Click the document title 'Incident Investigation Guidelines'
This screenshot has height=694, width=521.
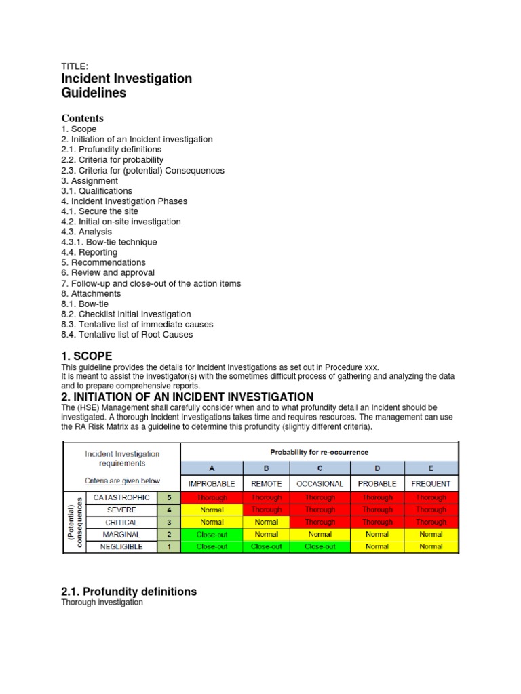pos(126,85)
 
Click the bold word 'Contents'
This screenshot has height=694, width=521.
pos(82,118)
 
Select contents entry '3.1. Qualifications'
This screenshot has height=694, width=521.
pos(96,191)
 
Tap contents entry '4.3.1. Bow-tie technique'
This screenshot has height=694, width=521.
pos(109,242)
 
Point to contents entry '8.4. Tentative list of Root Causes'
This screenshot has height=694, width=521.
pos(127,334)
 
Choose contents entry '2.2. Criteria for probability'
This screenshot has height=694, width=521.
pos(112,160)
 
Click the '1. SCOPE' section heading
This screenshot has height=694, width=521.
pos(86,356)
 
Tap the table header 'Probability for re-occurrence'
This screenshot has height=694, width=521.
pos(320,451)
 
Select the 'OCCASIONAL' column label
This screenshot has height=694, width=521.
pos(320,484)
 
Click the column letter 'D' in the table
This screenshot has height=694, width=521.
pos(377,468)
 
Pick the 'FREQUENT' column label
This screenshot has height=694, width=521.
pos(431,484)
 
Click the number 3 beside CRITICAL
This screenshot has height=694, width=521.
pos(168,523)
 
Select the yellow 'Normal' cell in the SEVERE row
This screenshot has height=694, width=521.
pos(212,510)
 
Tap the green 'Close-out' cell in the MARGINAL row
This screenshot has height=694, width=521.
pos(212,535)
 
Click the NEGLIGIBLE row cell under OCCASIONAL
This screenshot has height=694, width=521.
pos(320,547)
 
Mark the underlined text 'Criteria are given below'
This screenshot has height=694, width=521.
pos(122,481)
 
